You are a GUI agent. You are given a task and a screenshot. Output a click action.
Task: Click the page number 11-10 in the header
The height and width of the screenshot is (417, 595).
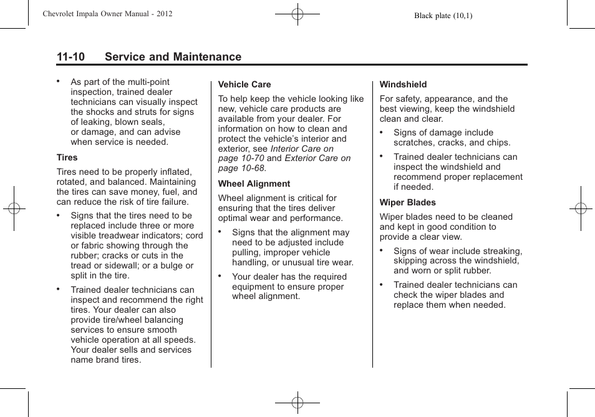point(70,57)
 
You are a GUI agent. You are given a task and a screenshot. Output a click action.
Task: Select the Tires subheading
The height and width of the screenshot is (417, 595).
point(67,158)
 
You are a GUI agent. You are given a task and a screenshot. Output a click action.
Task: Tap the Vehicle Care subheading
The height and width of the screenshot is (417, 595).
point(244,84)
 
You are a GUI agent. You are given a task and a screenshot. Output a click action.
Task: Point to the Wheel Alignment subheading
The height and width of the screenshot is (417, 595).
point(254,184)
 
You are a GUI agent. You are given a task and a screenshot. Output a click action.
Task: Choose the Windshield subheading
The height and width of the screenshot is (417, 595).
point(403,84)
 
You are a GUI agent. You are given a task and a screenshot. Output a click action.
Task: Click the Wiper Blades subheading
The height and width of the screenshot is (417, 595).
point(407,202)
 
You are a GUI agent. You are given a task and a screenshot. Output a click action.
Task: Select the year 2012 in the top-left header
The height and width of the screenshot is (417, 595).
point(164,14)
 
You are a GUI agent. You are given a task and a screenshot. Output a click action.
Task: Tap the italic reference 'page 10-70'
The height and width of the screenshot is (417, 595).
point(241,159)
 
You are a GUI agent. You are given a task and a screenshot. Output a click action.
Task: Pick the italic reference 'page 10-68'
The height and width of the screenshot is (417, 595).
point(241,169)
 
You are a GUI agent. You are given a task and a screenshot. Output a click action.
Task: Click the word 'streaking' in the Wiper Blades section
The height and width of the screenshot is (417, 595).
point(502,251)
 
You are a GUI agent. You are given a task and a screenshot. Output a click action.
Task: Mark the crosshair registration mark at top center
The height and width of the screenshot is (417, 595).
point(297,13)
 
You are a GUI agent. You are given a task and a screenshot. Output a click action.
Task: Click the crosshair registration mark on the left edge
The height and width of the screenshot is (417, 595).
point(14,208)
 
